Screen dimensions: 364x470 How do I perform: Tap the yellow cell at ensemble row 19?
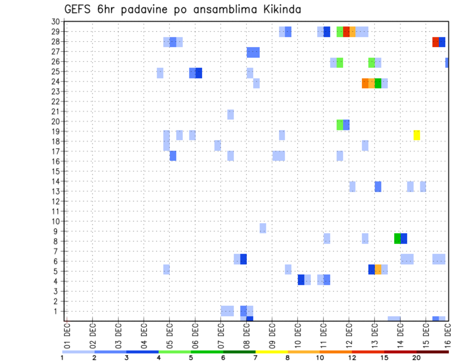click(x=417, y=135)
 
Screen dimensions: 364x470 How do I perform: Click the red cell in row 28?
click(x=436, y=42)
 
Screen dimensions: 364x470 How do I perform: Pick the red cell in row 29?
click(x=346, y=32)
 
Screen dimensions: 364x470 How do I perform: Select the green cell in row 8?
click(x=398, y=238)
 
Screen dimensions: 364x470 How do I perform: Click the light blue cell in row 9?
click(x=263, y=228)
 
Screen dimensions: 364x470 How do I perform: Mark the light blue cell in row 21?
click(x=231, y=115)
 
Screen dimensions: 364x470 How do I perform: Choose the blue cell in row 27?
click(x=253, y=52)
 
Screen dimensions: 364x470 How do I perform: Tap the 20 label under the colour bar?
click(x=417, y=358)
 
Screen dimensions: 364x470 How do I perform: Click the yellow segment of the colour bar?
click(x=272, y=352)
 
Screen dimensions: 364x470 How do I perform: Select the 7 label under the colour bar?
click(x=256, y=358)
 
